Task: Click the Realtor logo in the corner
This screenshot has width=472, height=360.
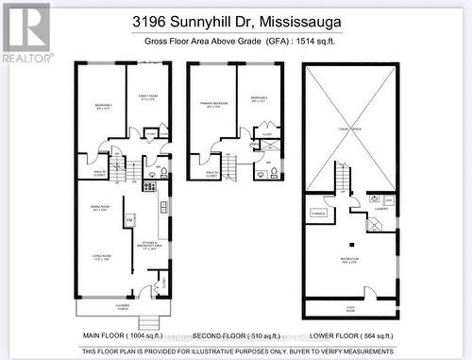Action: [25, 32]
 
